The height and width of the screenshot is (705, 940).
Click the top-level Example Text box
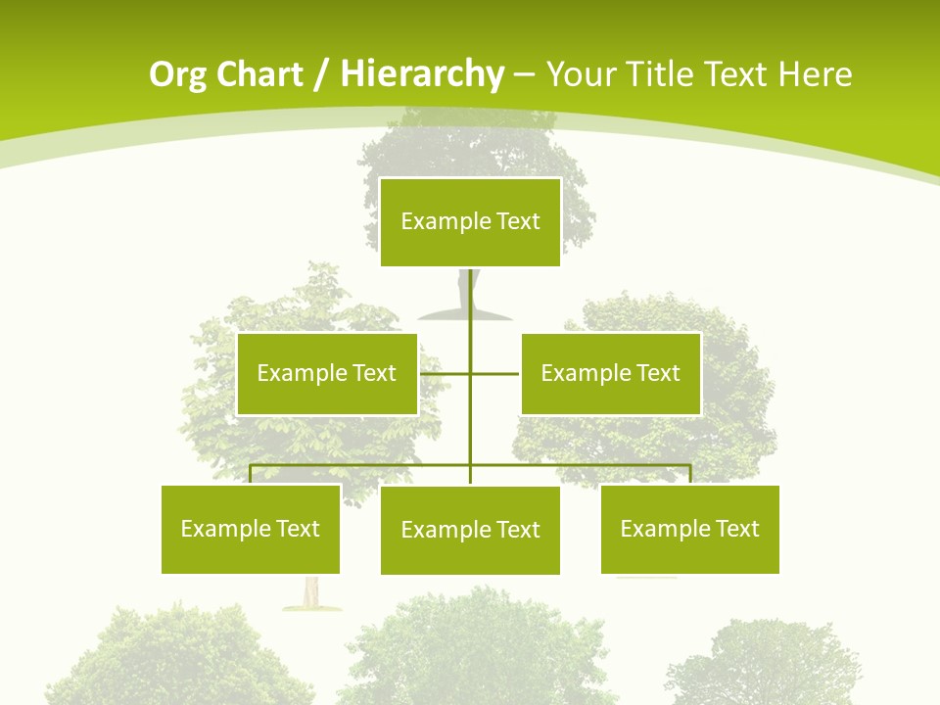point(470,222)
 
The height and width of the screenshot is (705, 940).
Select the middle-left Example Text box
point(327,373)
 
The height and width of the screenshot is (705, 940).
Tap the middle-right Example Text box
point(610,373)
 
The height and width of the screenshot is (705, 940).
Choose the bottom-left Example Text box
point(251,529)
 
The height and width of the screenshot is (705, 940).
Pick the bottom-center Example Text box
point(470,530)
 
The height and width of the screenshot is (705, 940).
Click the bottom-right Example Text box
point(690,529)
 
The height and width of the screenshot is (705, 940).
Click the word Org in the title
point(177,74)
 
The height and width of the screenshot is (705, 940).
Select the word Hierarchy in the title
point(422,74)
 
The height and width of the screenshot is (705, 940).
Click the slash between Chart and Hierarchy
point(321,75)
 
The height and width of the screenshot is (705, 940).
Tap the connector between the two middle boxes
point(470,373)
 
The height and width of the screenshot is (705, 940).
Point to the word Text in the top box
point(518,221)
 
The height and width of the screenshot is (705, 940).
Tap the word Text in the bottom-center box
point(518,530)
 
